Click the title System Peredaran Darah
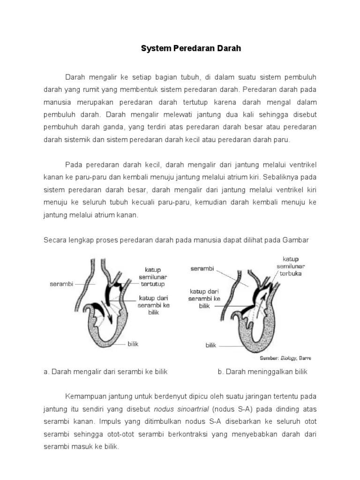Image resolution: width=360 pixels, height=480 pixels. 191,48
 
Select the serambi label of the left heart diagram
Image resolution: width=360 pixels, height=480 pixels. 61,284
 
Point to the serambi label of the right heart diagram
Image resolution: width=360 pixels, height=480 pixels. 202,269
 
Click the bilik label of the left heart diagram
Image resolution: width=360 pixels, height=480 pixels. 133,344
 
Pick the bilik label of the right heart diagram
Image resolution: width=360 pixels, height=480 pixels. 211,345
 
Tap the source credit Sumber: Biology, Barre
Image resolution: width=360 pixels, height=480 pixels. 286,358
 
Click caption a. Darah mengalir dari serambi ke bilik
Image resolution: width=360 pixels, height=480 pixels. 105,372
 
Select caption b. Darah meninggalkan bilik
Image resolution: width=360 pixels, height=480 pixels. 262,372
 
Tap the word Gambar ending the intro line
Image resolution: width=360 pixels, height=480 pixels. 296,240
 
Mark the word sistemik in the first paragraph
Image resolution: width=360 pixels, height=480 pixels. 77,140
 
